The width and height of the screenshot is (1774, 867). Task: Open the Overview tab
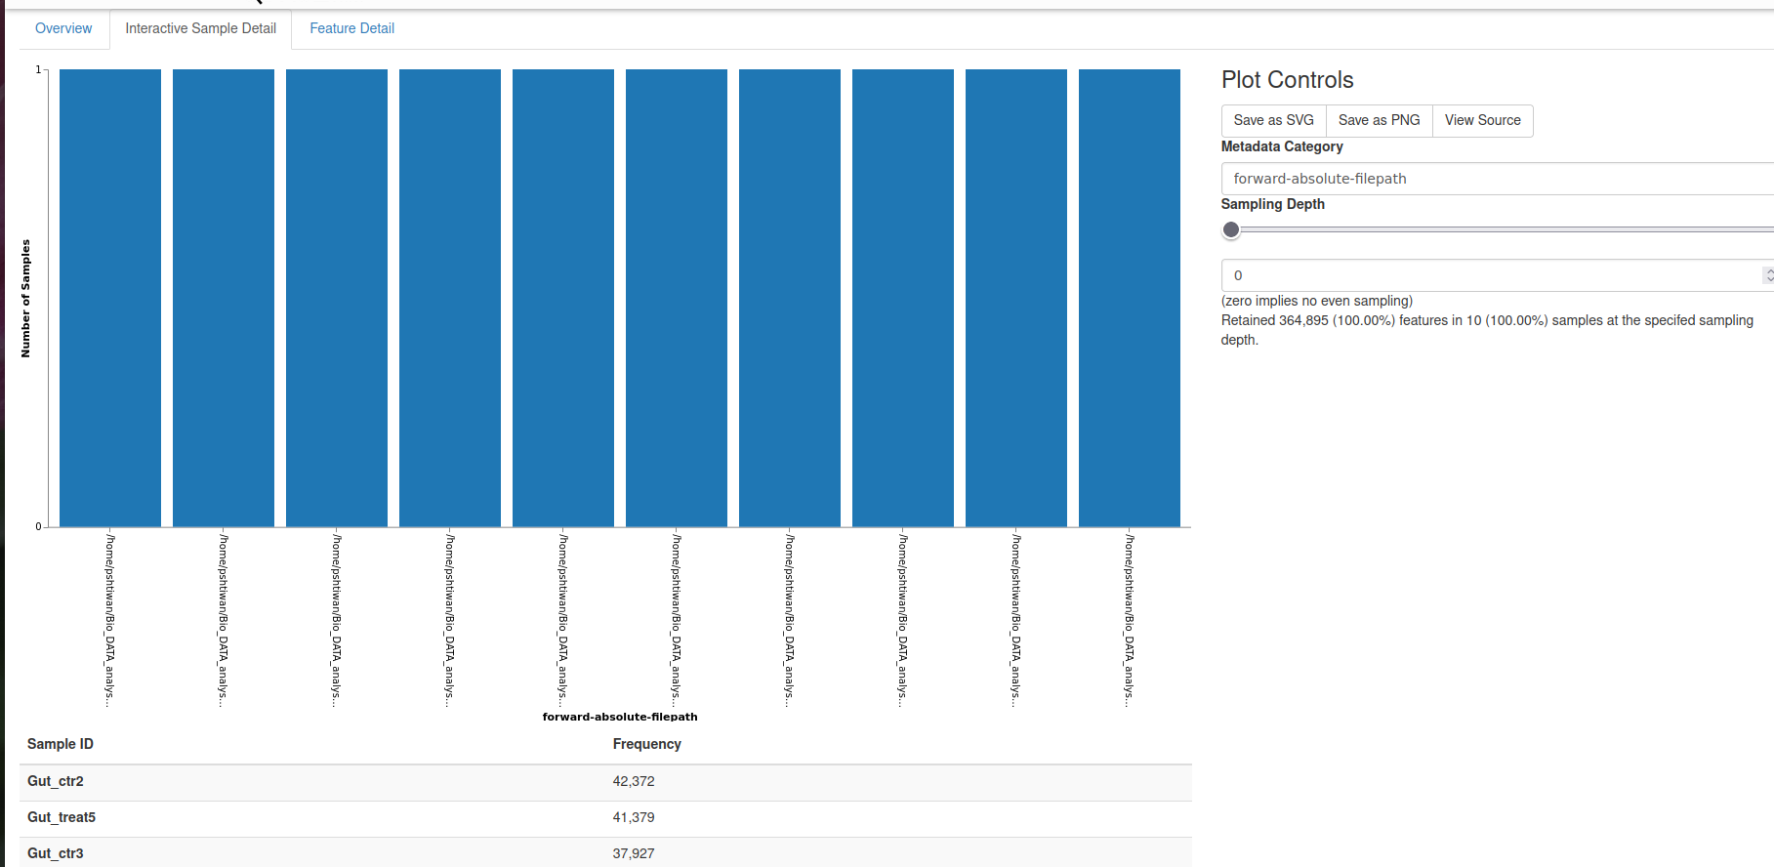click(63, 28)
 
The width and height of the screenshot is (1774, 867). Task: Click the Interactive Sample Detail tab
click(200, 28)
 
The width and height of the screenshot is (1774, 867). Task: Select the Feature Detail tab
click(351, 28)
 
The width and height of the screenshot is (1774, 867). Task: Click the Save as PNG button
click(1379, 120)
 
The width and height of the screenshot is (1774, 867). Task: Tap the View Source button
click(1482, 120)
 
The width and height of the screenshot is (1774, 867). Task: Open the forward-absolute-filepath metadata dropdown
click(1494, 179)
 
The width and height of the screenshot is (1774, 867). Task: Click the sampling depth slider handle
click(1231, 229)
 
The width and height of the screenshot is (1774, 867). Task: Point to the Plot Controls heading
click(1287, 80)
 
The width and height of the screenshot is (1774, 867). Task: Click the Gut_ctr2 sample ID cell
click(56, 781)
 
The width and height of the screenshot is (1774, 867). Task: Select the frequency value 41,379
click(634, 817)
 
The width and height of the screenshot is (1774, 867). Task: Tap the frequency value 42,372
click(634, 781)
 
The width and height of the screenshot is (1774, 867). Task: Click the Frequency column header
click(646, 744)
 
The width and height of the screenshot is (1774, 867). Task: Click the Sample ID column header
click(61, 744)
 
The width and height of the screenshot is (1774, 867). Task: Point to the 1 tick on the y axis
click(38, 69)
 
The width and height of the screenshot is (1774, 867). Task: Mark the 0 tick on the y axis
click(38, 526)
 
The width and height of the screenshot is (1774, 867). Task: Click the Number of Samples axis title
click(25, 298)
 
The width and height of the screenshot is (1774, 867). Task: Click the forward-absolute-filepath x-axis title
click(620, 717)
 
